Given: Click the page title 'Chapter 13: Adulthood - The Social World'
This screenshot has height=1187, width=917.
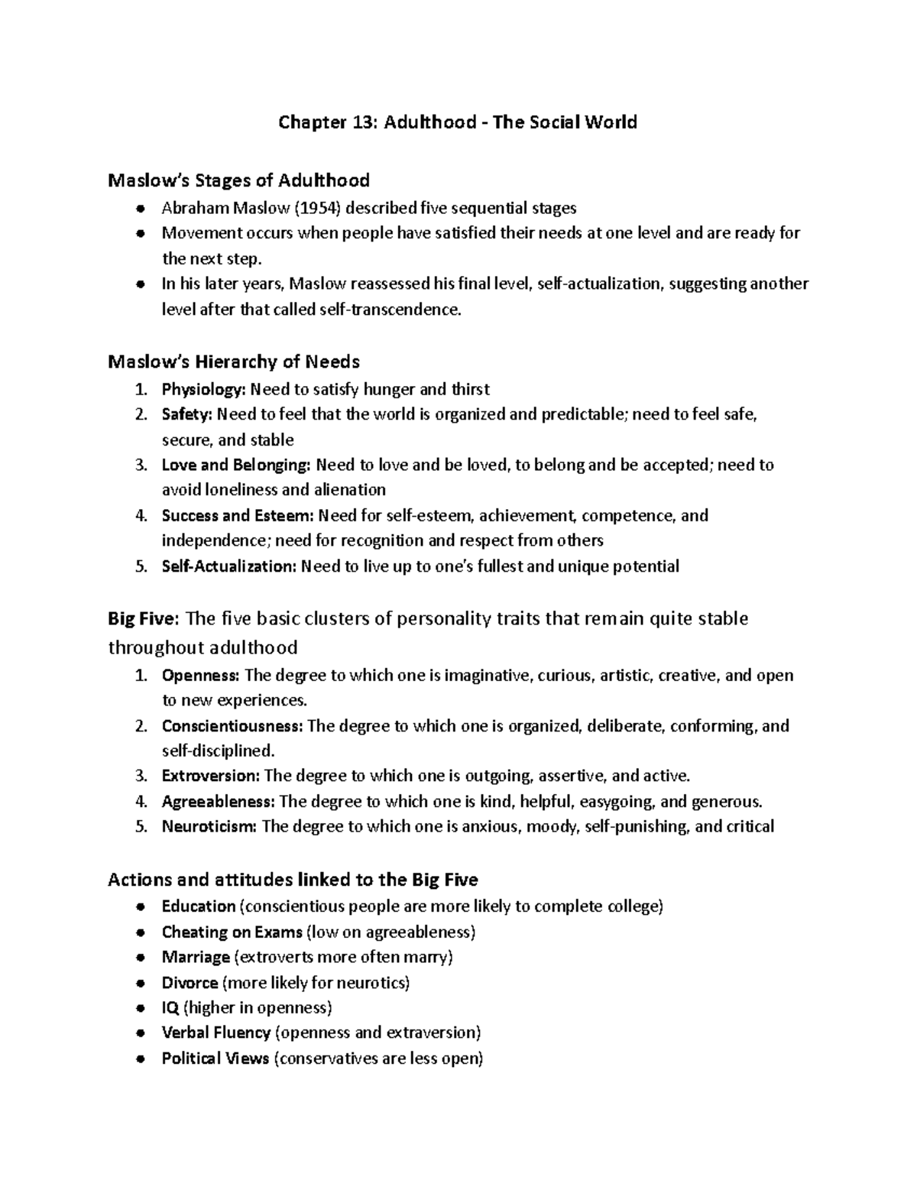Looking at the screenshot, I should click(x=457, y=122).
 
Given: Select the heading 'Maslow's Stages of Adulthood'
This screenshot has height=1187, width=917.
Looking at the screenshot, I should click(x=238, y=180).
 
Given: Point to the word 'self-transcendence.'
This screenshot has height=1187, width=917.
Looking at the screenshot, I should click(x=404, y=310).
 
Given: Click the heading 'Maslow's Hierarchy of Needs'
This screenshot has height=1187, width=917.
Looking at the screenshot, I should click(x=234, y=361).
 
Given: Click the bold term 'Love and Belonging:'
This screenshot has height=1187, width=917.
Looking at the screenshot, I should click(x=236, y=465).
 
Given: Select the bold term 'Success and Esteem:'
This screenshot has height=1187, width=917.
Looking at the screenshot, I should click(x=238, y=515).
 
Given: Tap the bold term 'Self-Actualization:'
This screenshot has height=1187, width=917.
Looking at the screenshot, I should click(x=228, y=566).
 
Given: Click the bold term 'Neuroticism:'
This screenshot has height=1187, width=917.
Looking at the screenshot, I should click(x=209, y=826).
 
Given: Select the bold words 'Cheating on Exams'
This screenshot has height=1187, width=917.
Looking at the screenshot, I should click(x=232, y=932).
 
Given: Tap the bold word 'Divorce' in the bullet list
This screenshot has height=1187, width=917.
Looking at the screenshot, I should click(x=190, y=982).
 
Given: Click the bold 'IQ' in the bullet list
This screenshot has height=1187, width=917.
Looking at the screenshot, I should click(x=170, y=1007).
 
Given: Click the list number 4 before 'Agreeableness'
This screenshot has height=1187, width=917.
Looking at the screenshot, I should click(x=140, y=802).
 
